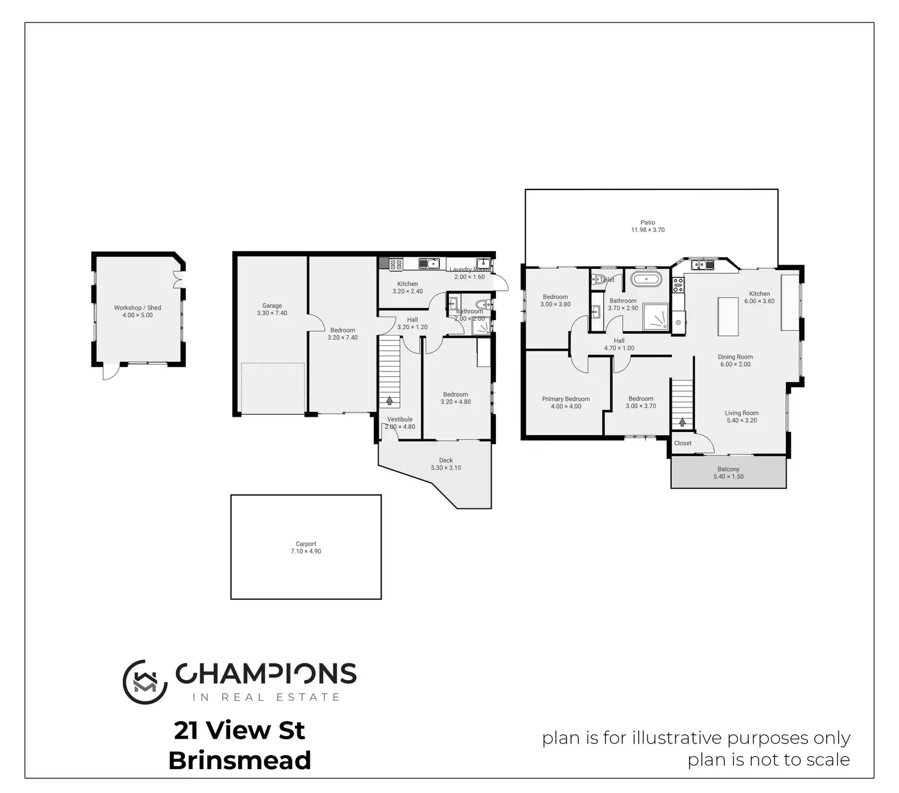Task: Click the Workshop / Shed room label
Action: [137, 308]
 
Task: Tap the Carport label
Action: [306, 544]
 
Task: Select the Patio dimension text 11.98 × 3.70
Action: [647, 230]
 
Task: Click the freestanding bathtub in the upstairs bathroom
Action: [646, 280]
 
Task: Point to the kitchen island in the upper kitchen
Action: [728, 316]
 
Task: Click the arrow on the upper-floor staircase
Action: [682, 422]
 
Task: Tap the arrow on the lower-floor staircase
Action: [389, 401]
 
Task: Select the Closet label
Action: [683, 444]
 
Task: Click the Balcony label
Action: [728, 469]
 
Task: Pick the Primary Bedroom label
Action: [566, 399]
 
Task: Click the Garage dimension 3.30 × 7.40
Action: [272, 313]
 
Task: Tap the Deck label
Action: [446, 461]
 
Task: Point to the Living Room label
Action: [741, 413]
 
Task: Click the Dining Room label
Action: [735, 357]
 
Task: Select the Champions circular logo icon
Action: [145, 682]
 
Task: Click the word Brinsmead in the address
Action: [239, 761]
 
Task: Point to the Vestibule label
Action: [399, 420]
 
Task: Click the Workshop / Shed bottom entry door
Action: [111, 371]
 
